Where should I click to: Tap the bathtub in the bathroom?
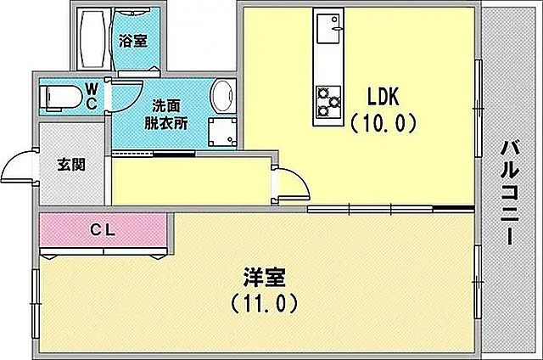coord(90,39)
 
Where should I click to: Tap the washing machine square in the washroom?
coord(222,132)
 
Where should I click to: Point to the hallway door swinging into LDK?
coord(291,180)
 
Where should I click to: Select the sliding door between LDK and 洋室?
coord(390,208)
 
